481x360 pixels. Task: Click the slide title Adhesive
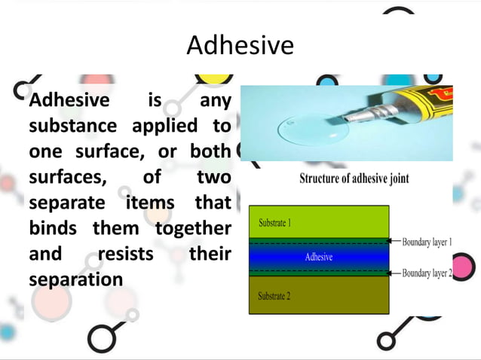[240, 46]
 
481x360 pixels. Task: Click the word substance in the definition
[72, 125]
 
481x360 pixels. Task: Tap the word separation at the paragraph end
[75, 279]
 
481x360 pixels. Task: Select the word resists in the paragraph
[124, 254]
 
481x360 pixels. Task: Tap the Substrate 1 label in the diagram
[275, 224]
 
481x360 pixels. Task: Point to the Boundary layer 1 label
[427, 242]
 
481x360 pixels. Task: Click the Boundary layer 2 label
[427, 273]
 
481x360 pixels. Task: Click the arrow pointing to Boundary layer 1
[394, 242]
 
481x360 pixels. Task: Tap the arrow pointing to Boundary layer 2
[394, 273]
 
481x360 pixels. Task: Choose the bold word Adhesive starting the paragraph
[68, 99]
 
